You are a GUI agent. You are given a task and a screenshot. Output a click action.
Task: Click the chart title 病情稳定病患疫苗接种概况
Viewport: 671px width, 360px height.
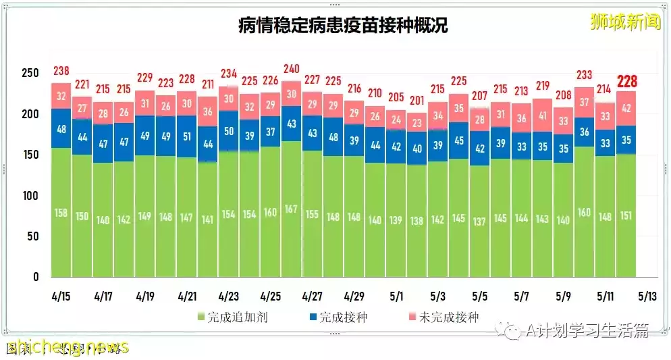pos(343,26)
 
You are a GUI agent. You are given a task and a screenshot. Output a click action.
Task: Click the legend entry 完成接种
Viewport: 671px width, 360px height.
pos(338,317)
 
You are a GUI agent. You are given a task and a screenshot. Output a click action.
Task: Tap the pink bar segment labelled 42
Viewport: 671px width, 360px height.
pos(626,108)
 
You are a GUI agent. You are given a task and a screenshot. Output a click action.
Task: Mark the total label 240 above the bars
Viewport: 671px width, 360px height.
pos(291,69)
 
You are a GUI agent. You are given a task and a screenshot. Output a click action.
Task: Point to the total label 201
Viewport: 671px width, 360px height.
pos(417,101)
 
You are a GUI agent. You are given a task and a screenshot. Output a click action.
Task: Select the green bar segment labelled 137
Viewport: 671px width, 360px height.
pos(479,222)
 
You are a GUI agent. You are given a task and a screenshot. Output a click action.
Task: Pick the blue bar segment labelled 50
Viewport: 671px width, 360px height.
pos(228,131)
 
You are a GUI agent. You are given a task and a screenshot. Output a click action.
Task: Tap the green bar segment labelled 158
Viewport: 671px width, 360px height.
pos(61,213)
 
